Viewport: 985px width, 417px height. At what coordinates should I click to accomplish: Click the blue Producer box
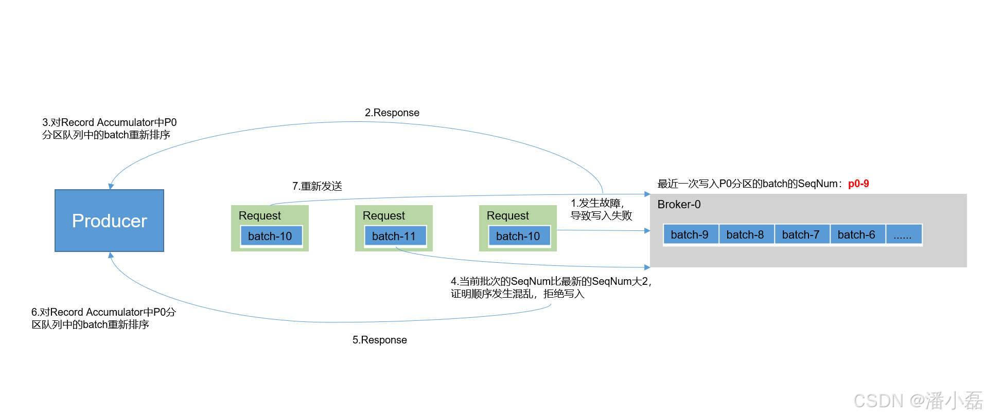coord(109,221)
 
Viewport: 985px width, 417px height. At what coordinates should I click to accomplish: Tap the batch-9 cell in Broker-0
coord(690,234)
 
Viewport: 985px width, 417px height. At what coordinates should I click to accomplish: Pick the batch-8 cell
coord(745,234)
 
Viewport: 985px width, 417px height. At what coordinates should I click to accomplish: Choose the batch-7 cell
coord(801,234)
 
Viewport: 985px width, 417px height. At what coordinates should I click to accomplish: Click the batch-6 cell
coord(856,234)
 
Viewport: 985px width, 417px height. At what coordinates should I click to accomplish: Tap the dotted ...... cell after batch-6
coord(903,234)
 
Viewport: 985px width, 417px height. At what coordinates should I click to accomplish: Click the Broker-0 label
coord(679,205)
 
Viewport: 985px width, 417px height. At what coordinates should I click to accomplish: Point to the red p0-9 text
coord(858,184)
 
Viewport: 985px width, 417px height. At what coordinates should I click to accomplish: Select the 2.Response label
coord(392,113)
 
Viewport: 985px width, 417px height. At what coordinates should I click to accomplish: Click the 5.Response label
coord(380,340)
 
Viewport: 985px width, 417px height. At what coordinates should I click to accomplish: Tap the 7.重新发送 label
coord(318,186)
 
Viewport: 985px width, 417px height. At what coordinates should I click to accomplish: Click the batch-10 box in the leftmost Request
coord(270,236)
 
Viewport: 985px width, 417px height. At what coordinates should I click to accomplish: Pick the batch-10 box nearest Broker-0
coord(518,236)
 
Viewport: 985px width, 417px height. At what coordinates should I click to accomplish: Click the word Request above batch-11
coord(384,215)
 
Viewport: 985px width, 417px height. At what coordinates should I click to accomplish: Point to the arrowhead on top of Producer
coord(111,186)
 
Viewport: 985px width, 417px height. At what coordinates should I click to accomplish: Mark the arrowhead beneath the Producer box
coord(111,255)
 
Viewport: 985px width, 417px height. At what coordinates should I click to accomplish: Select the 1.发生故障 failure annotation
coord(601,209)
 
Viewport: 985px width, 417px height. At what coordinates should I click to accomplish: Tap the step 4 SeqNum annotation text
coord(551,287)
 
